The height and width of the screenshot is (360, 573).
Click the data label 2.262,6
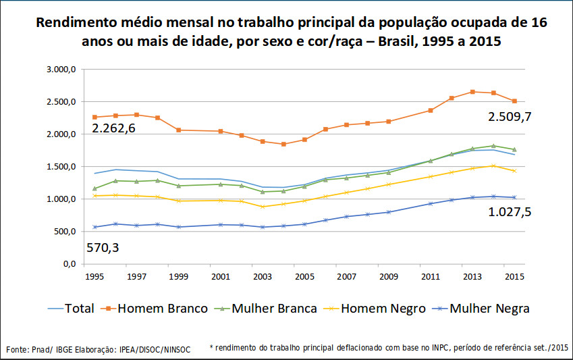click(113, 128)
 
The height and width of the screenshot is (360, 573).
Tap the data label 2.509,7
click(510, 116)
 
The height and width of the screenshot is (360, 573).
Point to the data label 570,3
click(103, 248)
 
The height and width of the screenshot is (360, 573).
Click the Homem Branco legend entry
click(163, 309)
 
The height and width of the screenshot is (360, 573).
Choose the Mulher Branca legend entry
click(273, 309)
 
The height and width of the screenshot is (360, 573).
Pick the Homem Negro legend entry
click(383, 309)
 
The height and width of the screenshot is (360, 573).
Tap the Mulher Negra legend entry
click(490, 309)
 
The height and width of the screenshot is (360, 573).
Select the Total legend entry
click(79, 309)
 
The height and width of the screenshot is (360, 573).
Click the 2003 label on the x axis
click(263, 277)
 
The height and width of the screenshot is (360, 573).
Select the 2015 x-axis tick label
click(514, 277)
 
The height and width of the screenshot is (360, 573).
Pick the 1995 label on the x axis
click(94, 277)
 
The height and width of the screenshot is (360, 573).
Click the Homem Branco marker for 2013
click(472, 92)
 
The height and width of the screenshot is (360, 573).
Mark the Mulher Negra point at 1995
click(95, 227)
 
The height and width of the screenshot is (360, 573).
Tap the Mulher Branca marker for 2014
click(493, 146)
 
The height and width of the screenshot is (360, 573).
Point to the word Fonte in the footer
click(18, 349)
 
